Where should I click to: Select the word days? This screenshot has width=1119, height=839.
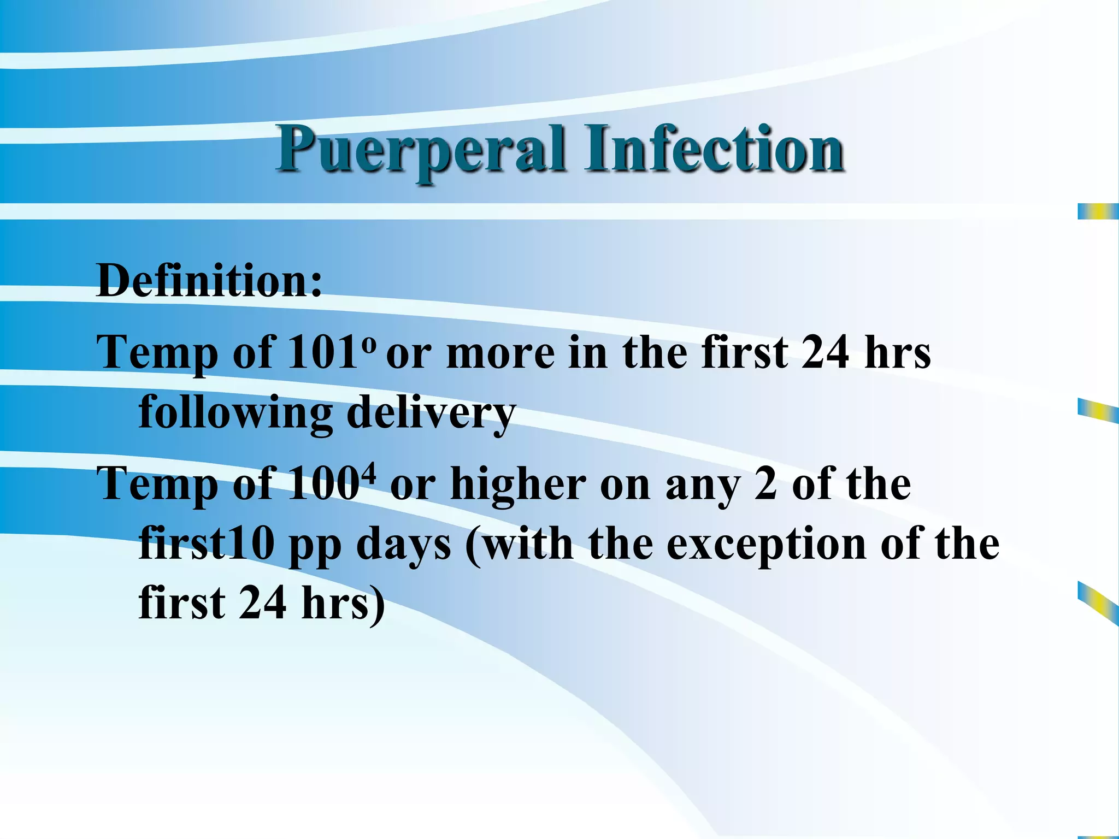point(404,545)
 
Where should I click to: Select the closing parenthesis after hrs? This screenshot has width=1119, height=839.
point(376,604)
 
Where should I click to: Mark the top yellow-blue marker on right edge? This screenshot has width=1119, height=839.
point(1098,211)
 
